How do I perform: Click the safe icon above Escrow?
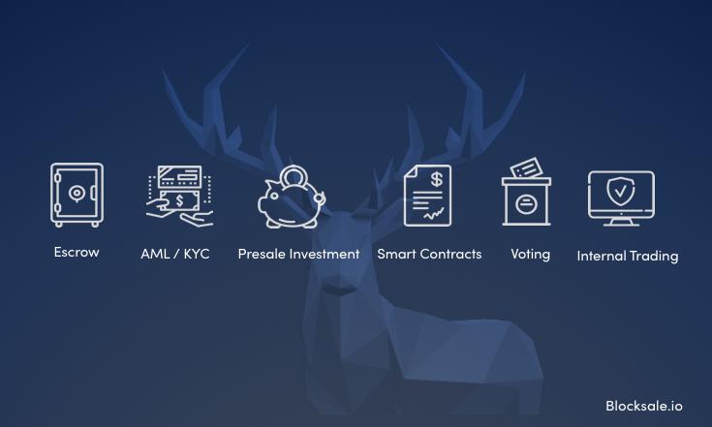(x=77, y=195)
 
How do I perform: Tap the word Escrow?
(x=77, y=252)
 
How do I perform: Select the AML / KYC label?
(x=175, y=254)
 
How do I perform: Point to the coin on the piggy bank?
(x=294, y=176)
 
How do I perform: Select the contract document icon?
(x=427, y=196)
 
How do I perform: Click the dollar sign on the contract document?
(x=436, y=179)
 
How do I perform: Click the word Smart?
(x=397, y=254)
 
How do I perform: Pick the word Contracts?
(x=450, y=254)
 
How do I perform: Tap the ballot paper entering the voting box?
(x=527, y=168)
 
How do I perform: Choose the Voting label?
(x=531, y=254)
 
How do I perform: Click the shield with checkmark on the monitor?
(x=621, y=191)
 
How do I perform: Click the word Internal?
(x=601, y=256)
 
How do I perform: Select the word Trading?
(x=654, y=257)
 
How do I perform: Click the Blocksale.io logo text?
(x=644, y=406)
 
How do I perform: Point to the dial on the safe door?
(x=77, y=194)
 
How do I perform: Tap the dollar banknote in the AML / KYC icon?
(x=180, y=200)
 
